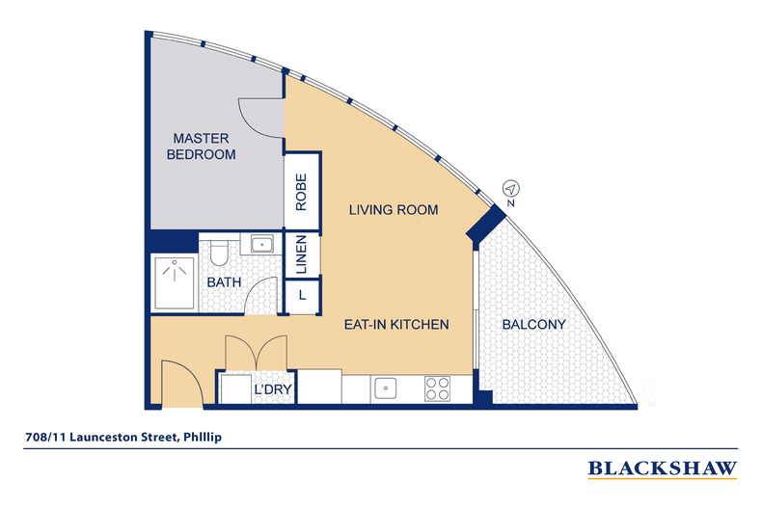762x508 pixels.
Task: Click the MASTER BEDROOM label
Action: click(202, 147)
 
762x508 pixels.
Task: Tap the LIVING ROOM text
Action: click(394, 210)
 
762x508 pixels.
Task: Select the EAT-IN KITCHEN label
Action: click(396, 325)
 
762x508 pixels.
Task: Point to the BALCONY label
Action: click(533, 325)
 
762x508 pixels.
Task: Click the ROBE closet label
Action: click(301, 192)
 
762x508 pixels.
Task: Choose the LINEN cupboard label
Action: click(301, 254)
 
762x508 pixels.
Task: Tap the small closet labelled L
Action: click(302, 295)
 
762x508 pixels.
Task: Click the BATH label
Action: click(224, 282)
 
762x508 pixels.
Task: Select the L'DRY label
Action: click(273, 389)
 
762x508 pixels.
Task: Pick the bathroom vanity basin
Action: click(262, 244)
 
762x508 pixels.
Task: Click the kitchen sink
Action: click(386, 388)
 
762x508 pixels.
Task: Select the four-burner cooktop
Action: click(437, 388)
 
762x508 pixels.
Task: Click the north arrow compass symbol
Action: click(511, 189)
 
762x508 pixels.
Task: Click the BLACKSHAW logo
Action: click(663, 468)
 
